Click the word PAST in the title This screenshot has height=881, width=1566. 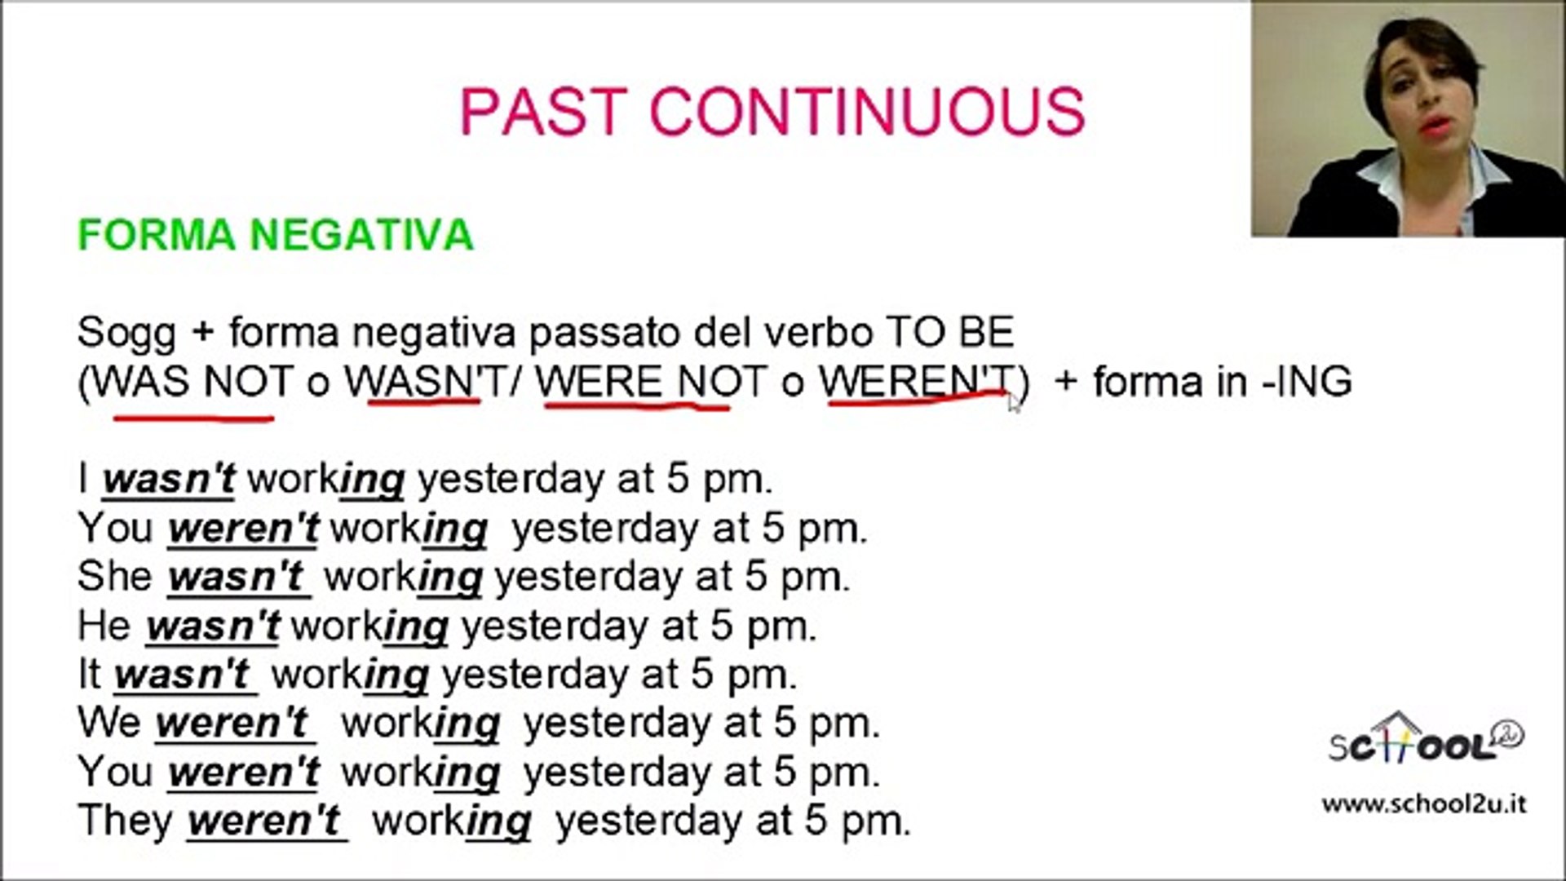(545, 111)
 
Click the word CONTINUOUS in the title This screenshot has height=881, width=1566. (867, 111)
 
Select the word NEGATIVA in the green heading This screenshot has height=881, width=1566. (361, 235)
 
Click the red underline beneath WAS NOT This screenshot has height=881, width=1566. (193, 418)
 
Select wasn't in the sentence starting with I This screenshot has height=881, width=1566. (169, 480)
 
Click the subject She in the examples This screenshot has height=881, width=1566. (115, 576)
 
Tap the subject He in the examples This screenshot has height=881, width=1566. (104, 625)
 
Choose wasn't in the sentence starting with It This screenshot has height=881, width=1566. (182, 674)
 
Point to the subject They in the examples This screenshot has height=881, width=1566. (126, 819)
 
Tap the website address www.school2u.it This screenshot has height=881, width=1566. (1424, 804)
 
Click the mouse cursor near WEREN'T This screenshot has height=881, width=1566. (1014, 403)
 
